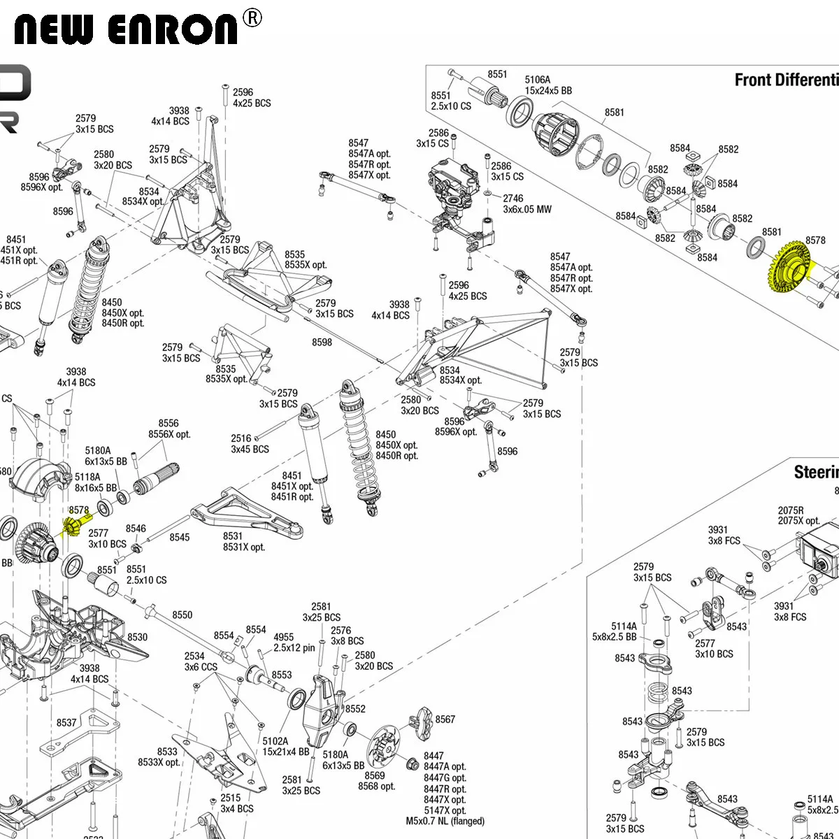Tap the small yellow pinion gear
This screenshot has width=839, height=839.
click(x=76, y=525)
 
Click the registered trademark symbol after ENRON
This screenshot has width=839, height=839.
click(x=252, y=18)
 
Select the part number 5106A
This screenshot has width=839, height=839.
click(x=538, y=80)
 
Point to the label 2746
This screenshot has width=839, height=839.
click(x=513, y=199)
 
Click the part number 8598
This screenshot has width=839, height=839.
click(x=322, y=342)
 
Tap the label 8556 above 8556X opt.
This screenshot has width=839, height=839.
click(x=168, y=423)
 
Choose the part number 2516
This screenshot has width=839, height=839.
click(x=241, y=438)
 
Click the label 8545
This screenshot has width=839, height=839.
click(x=180, y=537)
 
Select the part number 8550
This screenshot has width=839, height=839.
click(x=182, y=615)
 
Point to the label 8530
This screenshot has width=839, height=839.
click(x=138, y=637)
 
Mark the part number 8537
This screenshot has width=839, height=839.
click(x=66, y=722)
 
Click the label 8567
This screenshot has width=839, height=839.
click(x=445, y=719)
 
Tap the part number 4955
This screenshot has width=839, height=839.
click(x=284, y=637)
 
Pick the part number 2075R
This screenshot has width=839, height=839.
click(x=791, y=510)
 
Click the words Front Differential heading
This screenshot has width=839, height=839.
click(x=786, y=80)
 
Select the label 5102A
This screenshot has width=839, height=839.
click(x=275, y=741)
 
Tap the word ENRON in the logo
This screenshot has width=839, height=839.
click(x=173, y=29)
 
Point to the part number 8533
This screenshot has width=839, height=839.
click(x=167, y=752)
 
